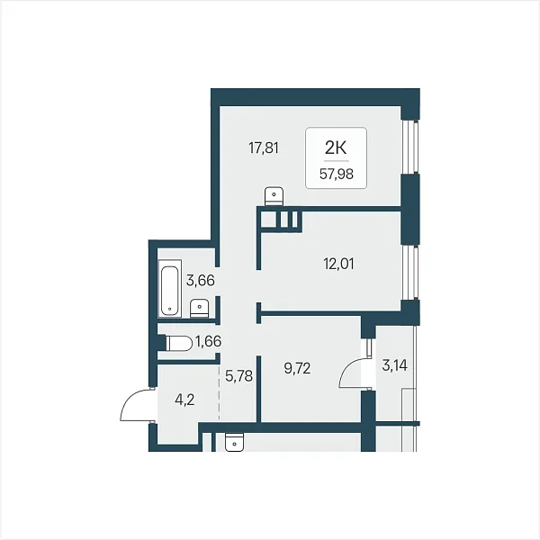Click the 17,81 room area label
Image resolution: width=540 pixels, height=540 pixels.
[x=264, y=148]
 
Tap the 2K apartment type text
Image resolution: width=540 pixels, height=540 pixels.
[x=336, y=148]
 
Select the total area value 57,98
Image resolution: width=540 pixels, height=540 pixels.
[x=336, y=175]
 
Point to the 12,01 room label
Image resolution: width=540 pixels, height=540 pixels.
[x=338, y=264]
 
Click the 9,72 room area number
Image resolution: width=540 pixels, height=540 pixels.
[x=297, y=368]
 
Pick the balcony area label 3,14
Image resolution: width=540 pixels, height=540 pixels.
[x=395, y=365]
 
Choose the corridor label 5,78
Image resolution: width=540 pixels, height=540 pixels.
[x=239, y=376]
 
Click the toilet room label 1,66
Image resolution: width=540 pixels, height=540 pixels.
[x=208, y=341]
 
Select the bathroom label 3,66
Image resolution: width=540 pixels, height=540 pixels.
[x=201, y=281]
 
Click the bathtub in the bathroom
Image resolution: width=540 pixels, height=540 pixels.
[x=170, y=289]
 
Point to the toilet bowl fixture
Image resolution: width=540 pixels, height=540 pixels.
[x=178, y=344]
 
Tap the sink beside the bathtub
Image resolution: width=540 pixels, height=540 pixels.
[x=200, y=308]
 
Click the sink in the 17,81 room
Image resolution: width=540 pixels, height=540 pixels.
[x=274, y=196]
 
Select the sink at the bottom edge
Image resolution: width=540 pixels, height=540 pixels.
[x=234, y=442]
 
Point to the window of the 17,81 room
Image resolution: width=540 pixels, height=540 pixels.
[x=409, y=147]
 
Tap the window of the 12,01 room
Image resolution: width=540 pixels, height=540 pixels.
[x=409, y=273]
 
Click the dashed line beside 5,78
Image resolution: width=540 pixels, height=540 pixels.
[x=219, y=392]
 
